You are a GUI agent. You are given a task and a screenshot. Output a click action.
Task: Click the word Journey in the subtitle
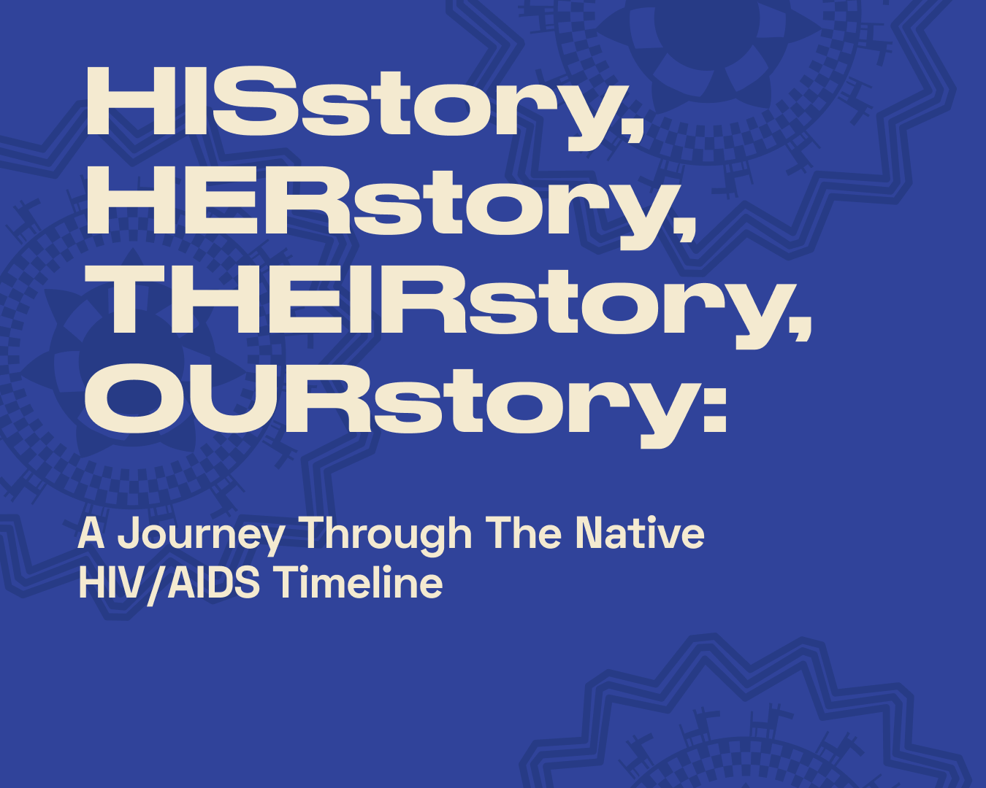(x=202, y=535)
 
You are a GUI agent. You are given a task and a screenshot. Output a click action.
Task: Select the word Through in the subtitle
(x=388, y=535)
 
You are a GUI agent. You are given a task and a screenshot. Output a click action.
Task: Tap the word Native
(x=640, y=533)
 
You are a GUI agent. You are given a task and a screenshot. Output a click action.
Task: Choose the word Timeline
(x=359, y=582)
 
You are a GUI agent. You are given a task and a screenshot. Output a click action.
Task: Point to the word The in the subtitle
(x=524, y=533)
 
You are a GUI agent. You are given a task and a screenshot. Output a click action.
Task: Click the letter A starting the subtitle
(x=91, y=533)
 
